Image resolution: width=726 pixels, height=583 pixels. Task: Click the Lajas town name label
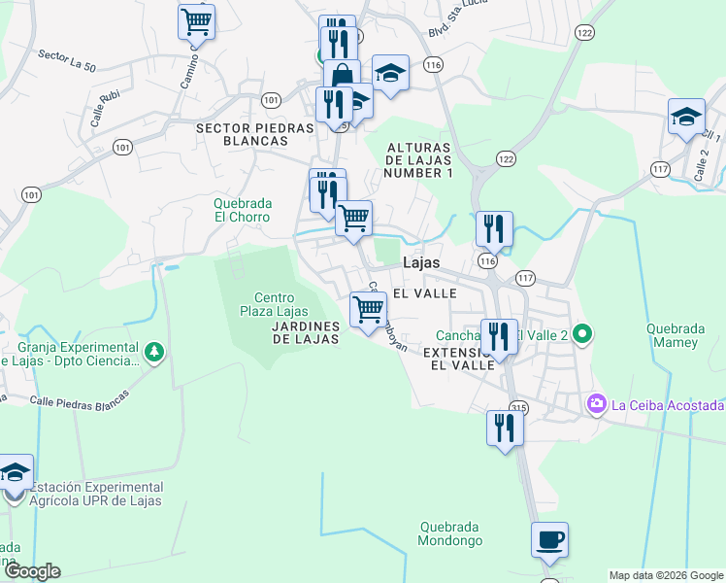[420, 262]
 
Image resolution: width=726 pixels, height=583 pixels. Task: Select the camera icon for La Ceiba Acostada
[595, 403]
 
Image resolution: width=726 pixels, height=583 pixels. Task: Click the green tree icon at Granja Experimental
[152, 350]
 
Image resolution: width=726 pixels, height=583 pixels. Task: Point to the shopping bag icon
[342, 76]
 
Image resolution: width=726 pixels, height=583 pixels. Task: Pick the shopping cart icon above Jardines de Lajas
[368, 310]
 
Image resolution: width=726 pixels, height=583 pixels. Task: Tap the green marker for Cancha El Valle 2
[581, 336]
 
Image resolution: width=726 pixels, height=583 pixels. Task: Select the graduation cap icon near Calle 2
[686, 118]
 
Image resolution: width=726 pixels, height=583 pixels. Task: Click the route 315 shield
[517, 407]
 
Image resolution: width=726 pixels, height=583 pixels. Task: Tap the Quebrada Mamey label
[673, 335]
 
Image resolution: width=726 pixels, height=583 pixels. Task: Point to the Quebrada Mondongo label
[449, 533]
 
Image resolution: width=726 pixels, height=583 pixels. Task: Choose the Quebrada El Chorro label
[243, 210]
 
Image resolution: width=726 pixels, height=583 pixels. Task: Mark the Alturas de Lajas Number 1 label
[419, 159]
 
